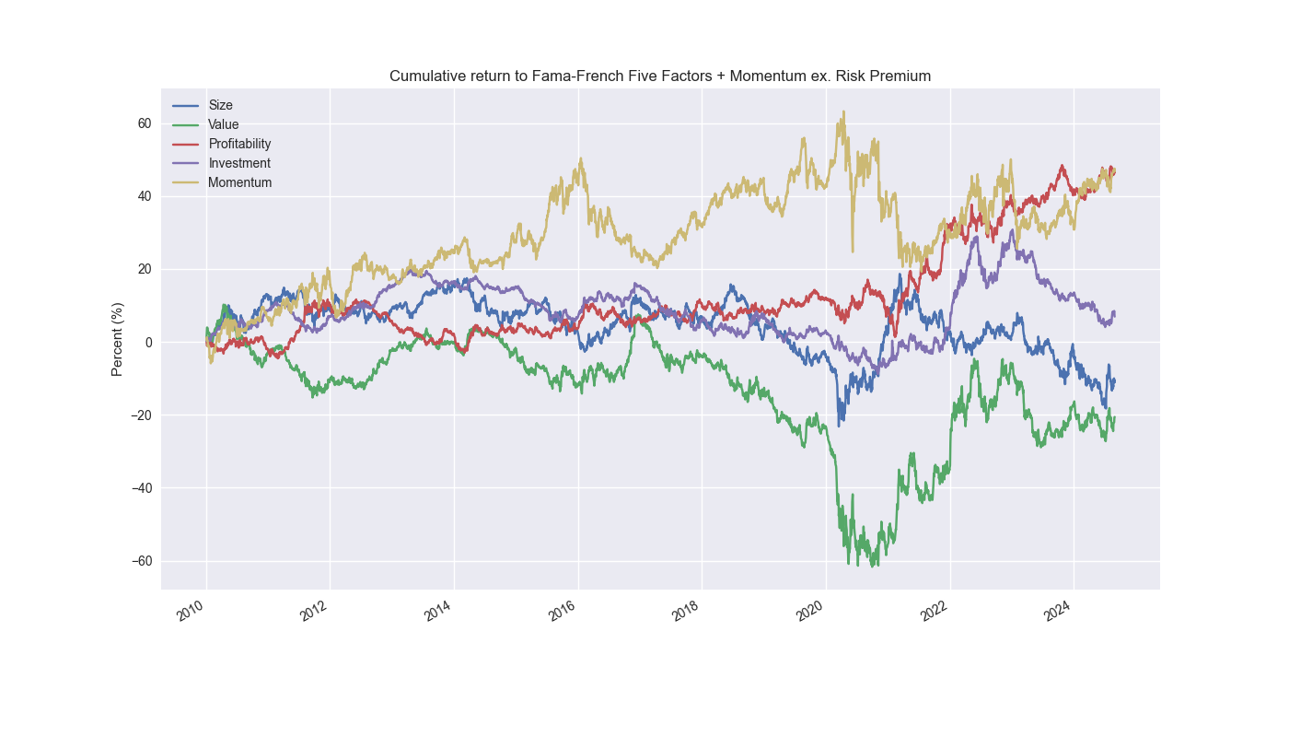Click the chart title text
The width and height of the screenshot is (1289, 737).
(660, 76)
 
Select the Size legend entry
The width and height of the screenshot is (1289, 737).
(220, 105)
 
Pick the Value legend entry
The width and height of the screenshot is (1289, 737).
(223, 124)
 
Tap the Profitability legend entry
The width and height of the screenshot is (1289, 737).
(239, 144)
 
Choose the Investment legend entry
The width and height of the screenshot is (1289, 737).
(239, 163)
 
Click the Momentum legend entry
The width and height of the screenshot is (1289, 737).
(239, 182)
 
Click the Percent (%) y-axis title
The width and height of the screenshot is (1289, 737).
(117, 339)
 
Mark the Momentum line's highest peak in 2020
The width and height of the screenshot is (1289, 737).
(843, 111)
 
